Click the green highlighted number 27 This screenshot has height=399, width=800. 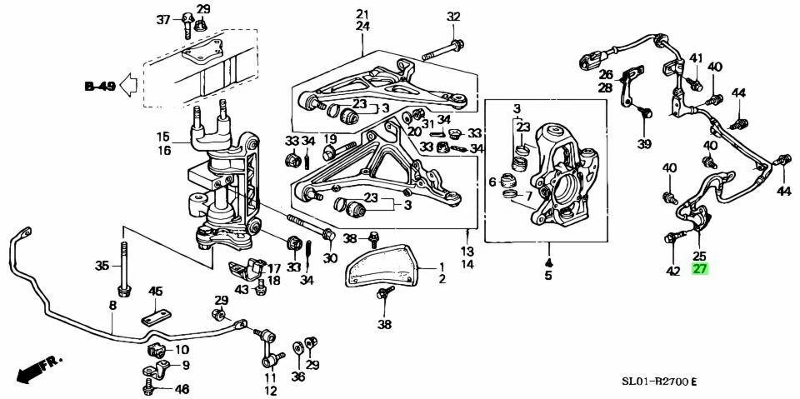click(x=699, y=269)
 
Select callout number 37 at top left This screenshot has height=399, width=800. click(x=163, y=19)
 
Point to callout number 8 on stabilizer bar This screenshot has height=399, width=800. click(x=112, y=306)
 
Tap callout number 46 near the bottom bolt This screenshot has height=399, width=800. click(x=182, y=389)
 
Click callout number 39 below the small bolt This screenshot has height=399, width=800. click(x=645, y=145)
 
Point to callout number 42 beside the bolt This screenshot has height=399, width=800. click(x=672, y=270)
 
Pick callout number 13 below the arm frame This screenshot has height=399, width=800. click(x=467, y=251)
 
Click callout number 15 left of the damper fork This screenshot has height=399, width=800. click(x=162, y=137)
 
